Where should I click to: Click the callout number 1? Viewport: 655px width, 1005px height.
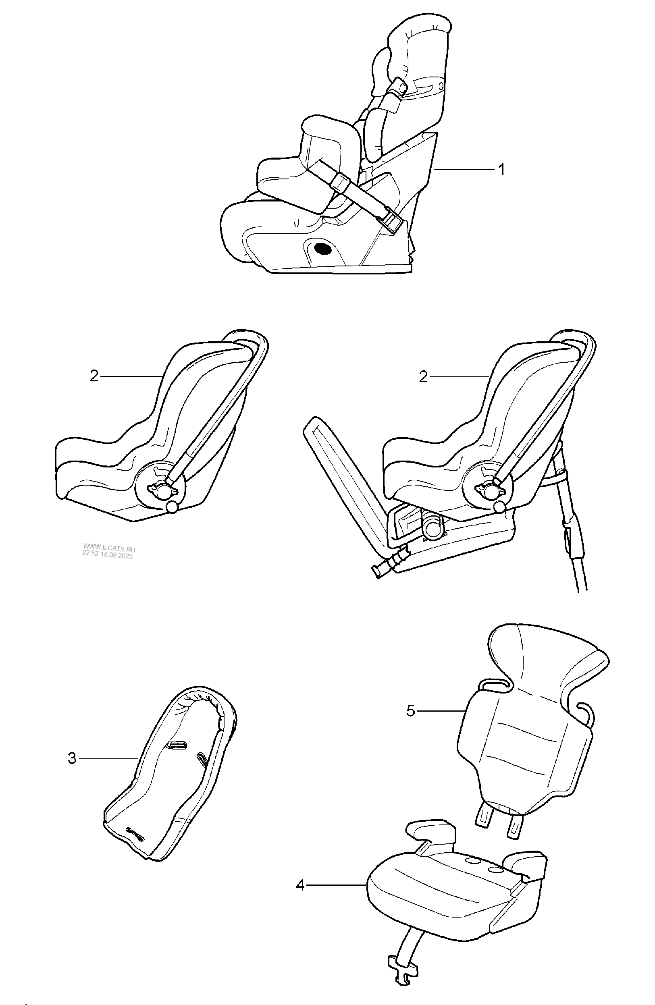click(x=501, y=169)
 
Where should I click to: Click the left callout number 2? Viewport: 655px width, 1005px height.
click(x=94, y=376)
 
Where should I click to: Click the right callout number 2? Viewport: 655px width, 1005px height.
click(x=423, y=377)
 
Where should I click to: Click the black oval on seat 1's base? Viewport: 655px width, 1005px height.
click(x=324, y=249)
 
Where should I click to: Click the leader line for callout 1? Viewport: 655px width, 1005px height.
click(x=464, y=169)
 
